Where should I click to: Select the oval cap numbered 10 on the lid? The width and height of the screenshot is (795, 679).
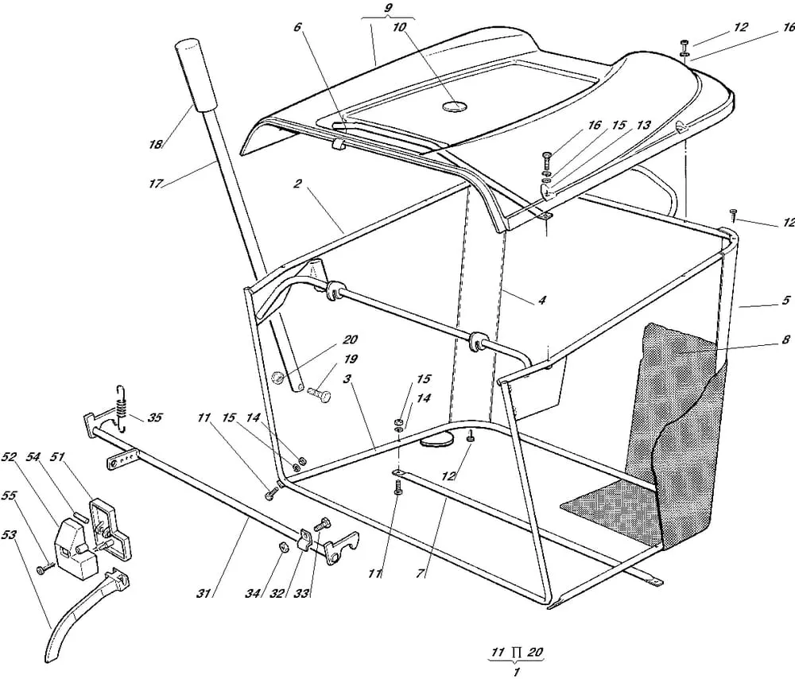[x=454, y=107]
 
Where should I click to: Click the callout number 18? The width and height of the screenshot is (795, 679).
[x=156, y=144]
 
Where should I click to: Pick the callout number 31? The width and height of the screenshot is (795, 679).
[x=204, y=593]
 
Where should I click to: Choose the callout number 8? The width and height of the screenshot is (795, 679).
[x=785, y=339]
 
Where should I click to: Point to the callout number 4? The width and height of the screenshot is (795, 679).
[x=541, y=301]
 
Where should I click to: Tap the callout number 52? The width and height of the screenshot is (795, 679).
[x=9, y=457]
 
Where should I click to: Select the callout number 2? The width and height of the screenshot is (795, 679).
[x=297, y=183]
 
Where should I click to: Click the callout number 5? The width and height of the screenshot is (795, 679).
[x=785, y=301]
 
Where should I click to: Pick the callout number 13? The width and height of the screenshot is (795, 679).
[x=643, y=125]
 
